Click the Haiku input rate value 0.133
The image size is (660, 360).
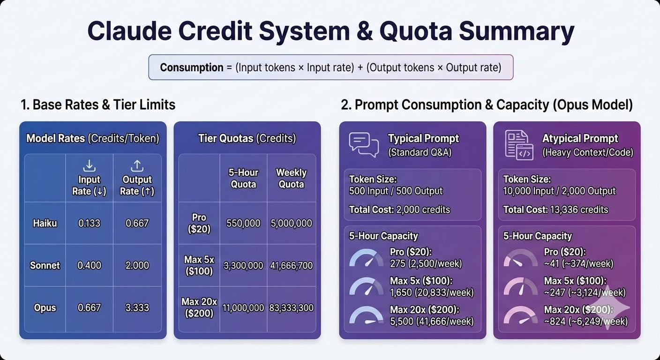pyautogui.click(x=89, y=223)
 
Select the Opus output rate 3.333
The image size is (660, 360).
pyautogui.click(x=137, y=307)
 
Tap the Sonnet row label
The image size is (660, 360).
pyautogui.click(x=45, y=265)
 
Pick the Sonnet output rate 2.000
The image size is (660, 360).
pyautogui.click(x=137, y=265)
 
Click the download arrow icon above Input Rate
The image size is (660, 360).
pyautogui.click(x=89, y=166)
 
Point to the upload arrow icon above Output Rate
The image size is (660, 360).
pyautogui.click(x=137, y=166)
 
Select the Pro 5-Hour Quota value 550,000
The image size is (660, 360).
pyautogui.click(x=243, y=223)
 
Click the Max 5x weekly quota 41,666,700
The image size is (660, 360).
pyautogui.click(x=291, y=266)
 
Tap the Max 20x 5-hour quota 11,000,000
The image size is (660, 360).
pyautogui.click(x=243, y=308)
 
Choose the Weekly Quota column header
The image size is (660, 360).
pyautogui.click(x=291, y=178)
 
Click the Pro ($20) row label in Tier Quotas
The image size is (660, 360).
pyautogui.click(x=199, y=223)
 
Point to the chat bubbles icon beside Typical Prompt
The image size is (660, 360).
pyautogui.click(x=364, y=145)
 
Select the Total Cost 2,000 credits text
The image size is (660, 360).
pyautogui.click(x=399, y=210)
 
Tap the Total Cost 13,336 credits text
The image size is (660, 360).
pyautogui.click(x=555, y=210)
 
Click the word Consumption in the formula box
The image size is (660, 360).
pyautogui.click(x=192, y=67)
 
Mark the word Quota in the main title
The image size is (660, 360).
pyautogui.click(x=416, y=31)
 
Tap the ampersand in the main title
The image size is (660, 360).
pyautogui.click(x=365, y=31)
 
